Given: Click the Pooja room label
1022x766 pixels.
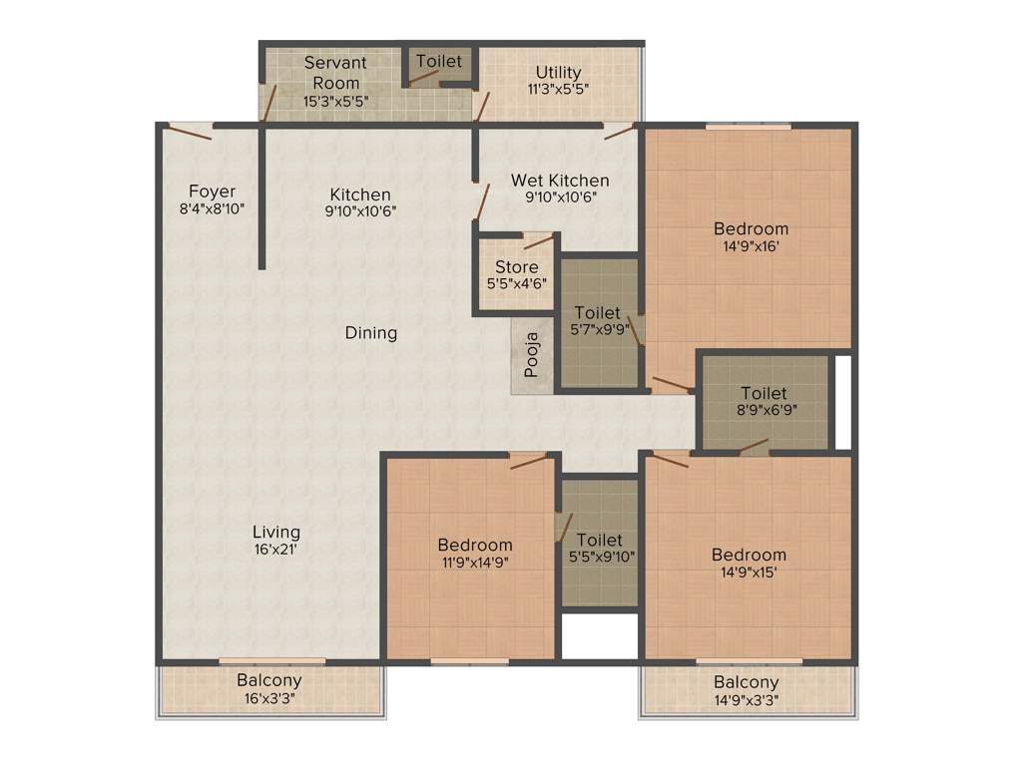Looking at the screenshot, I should (532, 355).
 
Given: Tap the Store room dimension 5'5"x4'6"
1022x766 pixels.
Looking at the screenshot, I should (517, 283).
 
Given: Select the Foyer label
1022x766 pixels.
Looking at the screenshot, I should (213, 191).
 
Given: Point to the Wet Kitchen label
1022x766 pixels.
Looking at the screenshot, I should (560, 181).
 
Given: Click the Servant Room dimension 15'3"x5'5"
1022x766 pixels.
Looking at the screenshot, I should (335, 101).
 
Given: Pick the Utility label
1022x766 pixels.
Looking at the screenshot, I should (558, 72).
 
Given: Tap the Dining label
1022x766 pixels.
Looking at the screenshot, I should (371, 333).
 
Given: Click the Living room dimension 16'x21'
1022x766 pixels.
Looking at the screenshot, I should (276, 549).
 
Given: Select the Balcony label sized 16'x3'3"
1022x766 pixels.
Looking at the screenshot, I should (269, 680).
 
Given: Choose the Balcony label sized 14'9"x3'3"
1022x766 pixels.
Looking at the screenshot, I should (747, 682).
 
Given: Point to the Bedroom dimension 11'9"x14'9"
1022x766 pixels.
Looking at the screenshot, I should (475, 562).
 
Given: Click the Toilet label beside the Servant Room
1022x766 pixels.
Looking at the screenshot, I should (439, 61).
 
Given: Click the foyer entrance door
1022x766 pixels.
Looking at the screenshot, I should (190, 131).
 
